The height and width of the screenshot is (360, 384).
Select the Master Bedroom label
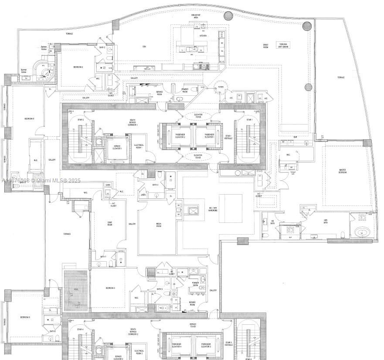(343, 171)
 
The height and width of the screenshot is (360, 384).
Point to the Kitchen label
(203, 36)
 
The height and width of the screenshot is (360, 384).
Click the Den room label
(144, 47)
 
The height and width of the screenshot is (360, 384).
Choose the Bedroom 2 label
(78, 67)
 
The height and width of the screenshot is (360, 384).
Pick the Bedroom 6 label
(25, 317)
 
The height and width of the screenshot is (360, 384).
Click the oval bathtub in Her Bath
(361, 232)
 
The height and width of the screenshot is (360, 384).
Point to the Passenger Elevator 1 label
(211, 135)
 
